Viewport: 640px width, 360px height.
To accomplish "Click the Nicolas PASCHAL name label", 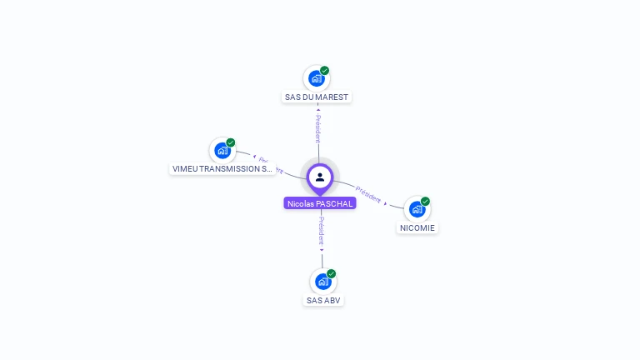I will pos(320,203).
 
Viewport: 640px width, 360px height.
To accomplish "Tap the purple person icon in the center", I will pos(320,177).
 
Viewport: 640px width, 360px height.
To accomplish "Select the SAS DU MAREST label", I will pos(317,97).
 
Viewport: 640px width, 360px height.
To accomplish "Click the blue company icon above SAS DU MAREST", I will pos(316,78).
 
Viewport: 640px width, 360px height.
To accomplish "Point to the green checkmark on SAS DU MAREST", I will pos(325,71).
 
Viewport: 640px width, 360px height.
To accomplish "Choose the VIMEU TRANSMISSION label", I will pos(222,168).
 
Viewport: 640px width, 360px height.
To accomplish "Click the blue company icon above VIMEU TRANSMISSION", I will pos(222,150).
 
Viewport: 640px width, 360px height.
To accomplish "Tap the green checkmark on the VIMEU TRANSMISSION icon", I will pos(231,142).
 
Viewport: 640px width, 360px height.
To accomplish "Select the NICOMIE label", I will pos(417,227).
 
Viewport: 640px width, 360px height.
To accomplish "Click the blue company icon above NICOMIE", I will pos(417,209).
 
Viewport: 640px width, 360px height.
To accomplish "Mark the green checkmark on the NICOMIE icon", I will pos(425,201).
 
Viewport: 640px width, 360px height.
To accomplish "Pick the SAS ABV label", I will pos(323,300).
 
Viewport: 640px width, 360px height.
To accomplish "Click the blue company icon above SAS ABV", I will pos(322,282).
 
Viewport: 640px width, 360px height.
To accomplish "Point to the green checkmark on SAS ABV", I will pos(332,273).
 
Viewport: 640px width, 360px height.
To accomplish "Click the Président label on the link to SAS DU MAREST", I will pos(317,129).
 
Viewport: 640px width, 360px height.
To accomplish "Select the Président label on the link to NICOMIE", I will pos(368,193).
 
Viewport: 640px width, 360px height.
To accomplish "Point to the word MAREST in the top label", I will pos(332,97).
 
